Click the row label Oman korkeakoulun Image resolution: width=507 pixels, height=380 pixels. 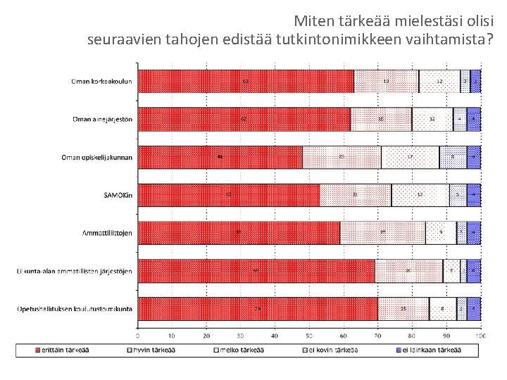click(x=101, y=81)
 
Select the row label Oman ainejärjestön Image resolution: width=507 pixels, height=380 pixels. click(x=102, y=119)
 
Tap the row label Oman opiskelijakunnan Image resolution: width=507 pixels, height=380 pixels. click(x=98, y=157)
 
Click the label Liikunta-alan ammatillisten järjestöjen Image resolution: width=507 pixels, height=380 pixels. click(x=75, y=270)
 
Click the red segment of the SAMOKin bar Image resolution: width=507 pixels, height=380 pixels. click(x=228, y=195)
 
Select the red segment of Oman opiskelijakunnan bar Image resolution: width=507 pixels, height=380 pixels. click(x=220, y=157)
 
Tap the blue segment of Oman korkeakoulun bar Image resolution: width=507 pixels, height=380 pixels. click(x=475, y=81)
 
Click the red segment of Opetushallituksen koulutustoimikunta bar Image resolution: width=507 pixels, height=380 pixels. click(x=257, y=308)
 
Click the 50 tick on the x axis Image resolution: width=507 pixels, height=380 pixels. click(x=308, y=335)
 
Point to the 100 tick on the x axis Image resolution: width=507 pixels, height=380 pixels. click(x=480, y=335)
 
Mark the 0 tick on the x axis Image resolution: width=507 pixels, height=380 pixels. click(x=138, y=335)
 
